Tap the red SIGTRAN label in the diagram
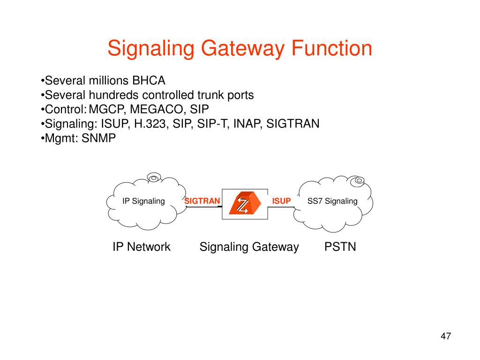202,201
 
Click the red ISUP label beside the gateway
282,201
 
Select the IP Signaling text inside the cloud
143,201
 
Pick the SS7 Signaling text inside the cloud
332,201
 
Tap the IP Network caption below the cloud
141,247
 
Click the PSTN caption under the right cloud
340,247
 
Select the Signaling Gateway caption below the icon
249,247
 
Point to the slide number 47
445,336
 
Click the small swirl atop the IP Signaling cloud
153,177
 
